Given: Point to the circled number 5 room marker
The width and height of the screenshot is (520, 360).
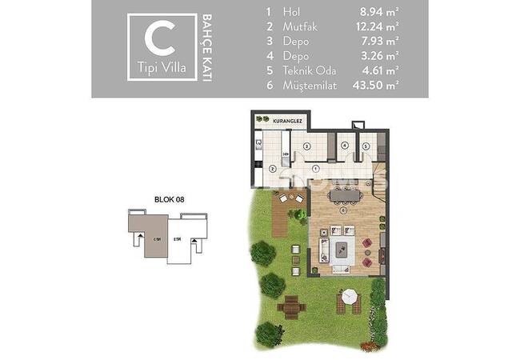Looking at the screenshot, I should click(x=365, y=146).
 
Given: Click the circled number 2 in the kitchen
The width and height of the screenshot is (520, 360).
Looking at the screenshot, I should click(x=273, y=168).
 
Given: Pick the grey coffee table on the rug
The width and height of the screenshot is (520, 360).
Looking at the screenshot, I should click(x=343, y=249).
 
